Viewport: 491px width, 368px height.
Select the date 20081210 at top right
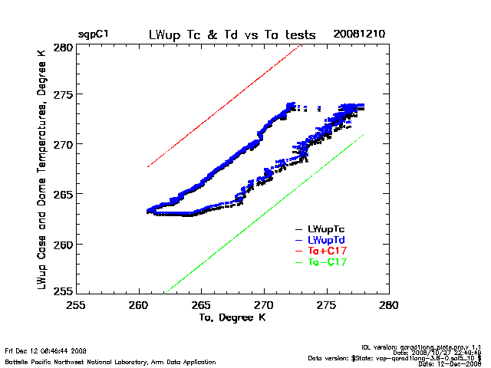tap(360, 35)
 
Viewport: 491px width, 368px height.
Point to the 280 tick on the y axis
tap(63, 48)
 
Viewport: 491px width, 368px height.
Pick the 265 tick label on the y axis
tap(63, 195)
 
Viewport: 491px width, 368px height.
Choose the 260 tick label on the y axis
tap(63, 245)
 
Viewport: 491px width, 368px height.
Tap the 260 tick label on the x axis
tap(139, 304)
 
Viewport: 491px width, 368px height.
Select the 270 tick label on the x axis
tap(264, 304)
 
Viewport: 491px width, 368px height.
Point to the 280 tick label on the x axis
tap(389, 304)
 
